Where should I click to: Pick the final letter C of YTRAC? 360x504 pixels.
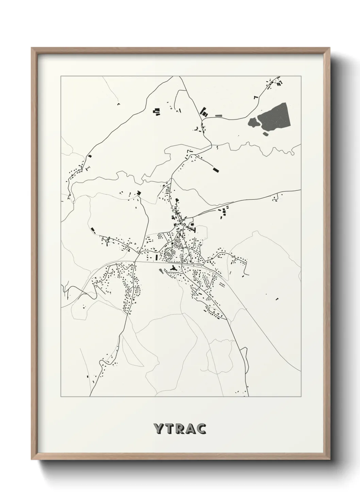(x=201, y=429)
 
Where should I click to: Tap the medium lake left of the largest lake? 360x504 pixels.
(x=253, y=122)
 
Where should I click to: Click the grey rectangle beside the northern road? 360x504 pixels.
(x=218, y=116)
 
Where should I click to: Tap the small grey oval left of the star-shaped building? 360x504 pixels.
(x=161, y=271)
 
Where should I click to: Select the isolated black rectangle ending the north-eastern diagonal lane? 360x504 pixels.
(x=215, y=169)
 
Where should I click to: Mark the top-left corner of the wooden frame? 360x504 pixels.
(x=32, y=48)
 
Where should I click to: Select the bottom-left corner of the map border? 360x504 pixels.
(x=61, y=396)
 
